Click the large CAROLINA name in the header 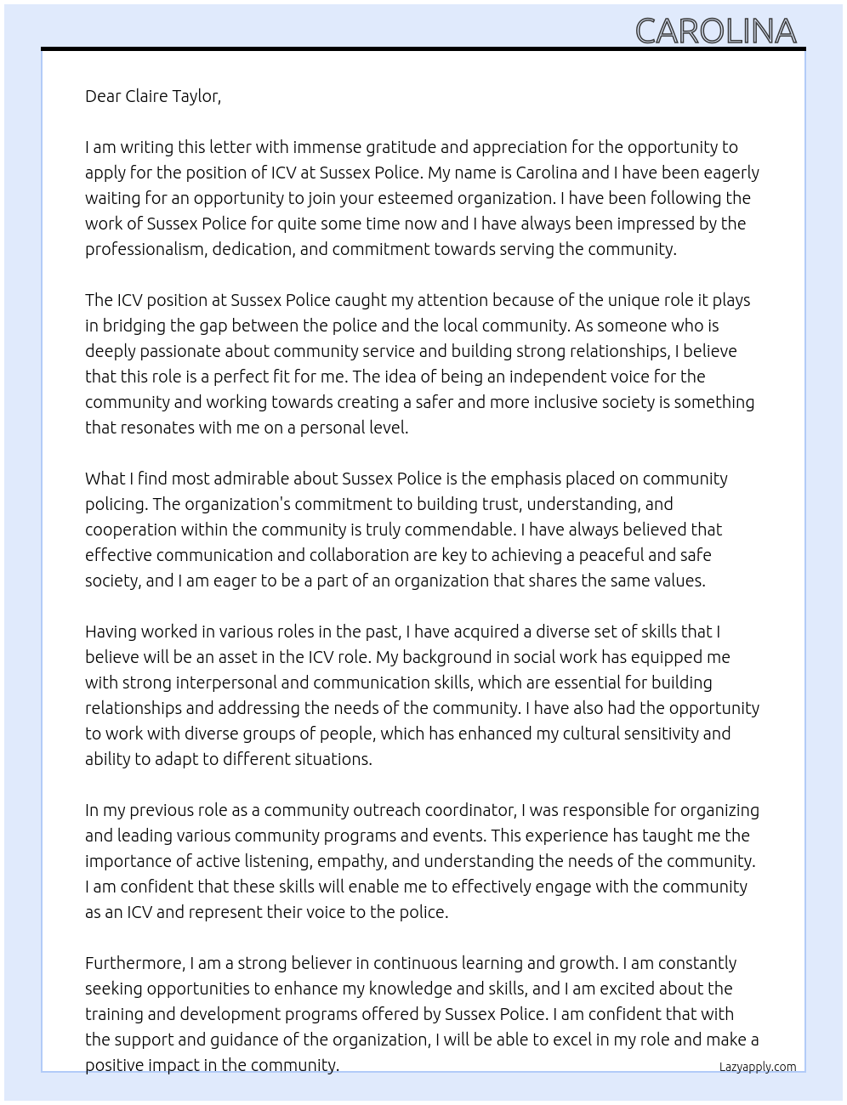715,31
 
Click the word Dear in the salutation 103,96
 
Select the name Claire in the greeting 146,96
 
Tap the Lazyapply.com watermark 757,1067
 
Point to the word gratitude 401,147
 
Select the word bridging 134,326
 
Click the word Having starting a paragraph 111,632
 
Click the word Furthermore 135,963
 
